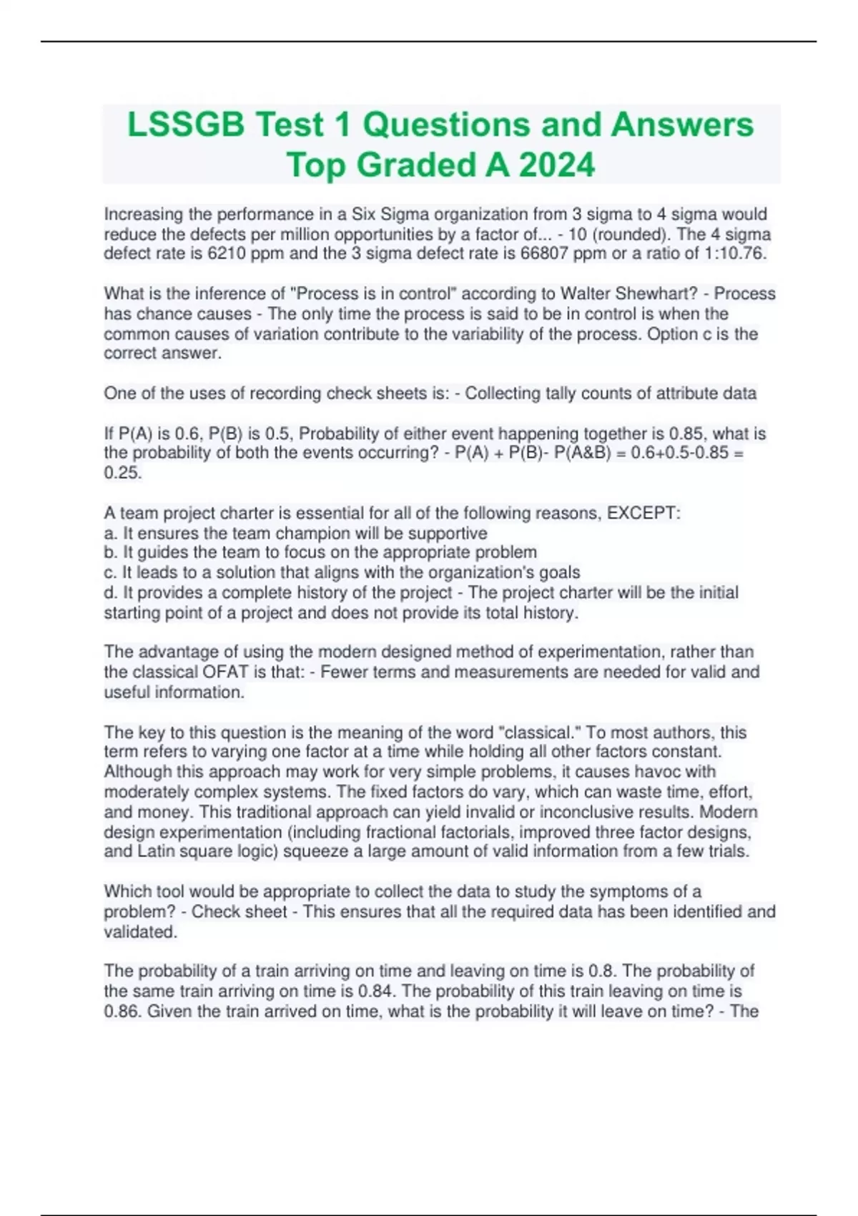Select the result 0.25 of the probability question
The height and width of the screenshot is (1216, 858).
tap(121, 473)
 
